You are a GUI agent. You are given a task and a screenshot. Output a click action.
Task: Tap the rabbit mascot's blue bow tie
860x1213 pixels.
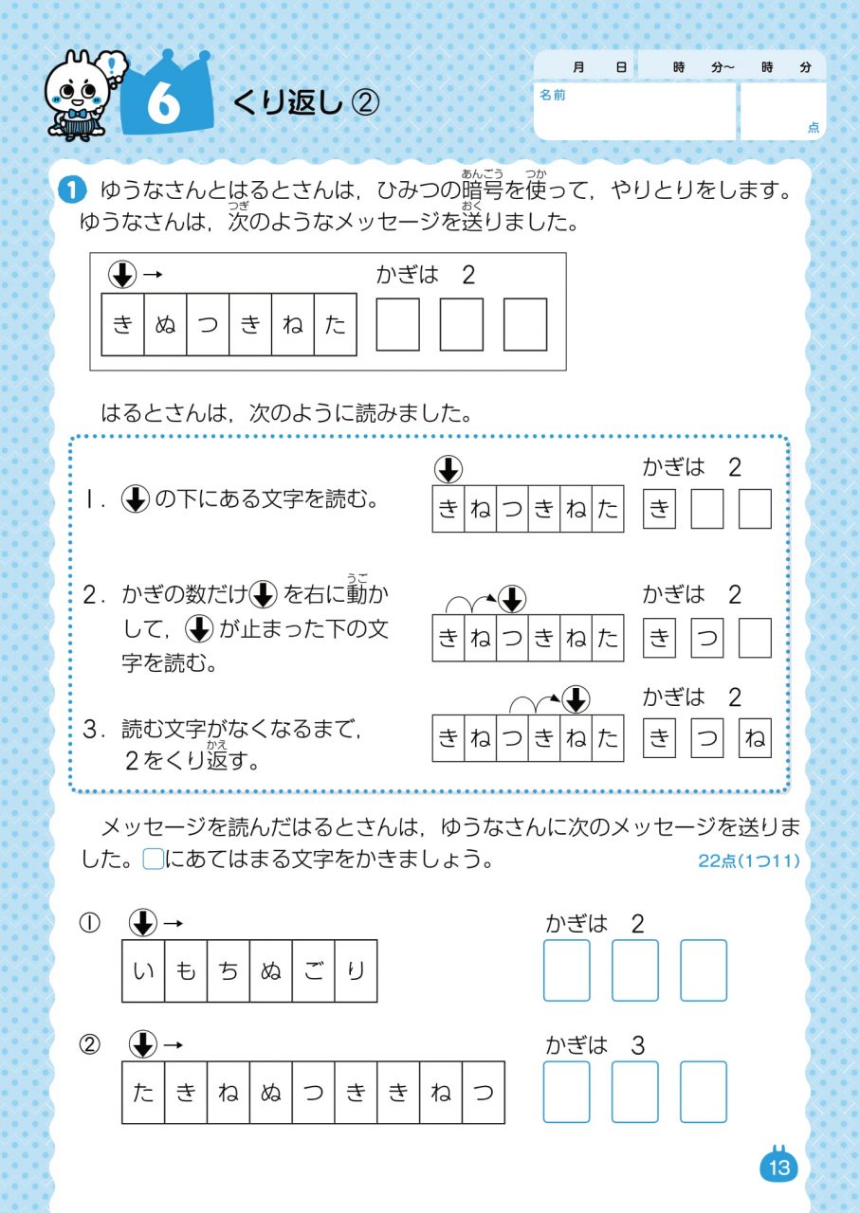point(77,114)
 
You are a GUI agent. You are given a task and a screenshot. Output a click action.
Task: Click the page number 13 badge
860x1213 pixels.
point(779,1167)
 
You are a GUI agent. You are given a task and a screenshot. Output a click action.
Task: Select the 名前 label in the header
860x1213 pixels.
point(552,96)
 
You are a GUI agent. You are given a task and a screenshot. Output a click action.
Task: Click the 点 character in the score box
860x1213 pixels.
point(814,127)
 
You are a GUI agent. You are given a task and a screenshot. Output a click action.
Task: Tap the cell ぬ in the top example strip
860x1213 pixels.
point(165,324)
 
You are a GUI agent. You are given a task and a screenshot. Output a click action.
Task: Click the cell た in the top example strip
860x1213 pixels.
point(336,324)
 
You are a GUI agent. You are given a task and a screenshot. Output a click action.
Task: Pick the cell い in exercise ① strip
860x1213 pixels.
point(143,971)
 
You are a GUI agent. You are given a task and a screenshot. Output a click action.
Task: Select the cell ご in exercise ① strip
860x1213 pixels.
point(314,971)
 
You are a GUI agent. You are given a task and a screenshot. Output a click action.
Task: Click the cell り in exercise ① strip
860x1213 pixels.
point(356,971)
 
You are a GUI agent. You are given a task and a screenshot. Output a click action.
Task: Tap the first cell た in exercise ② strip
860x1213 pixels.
point(143,1093)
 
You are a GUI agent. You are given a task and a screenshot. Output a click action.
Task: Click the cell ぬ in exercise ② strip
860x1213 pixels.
point(271,1093)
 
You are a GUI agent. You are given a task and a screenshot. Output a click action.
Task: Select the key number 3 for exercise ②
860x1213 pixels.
point(638,1045)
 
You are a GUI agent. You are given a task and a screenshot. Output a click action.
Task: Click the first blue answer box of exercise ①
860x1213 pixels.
point(567,970)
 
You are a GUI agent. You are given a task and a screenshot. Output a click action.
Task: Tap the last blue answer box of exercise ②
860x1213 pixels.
point(704,1092)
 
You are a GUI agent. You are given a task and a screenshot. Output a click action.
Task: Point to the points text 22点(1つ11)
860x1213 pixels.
point(749,860)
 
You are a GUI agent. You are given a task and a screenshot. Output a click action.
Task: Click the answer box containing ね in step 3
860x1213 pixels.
point(755,737)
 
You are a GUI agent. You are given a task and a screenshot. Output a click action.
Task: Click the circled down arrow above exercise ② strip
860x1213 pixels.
point(143,1044)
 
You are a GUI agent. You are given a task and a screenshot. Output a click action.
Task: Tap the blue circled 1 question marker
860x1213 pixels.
point(72,190)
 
